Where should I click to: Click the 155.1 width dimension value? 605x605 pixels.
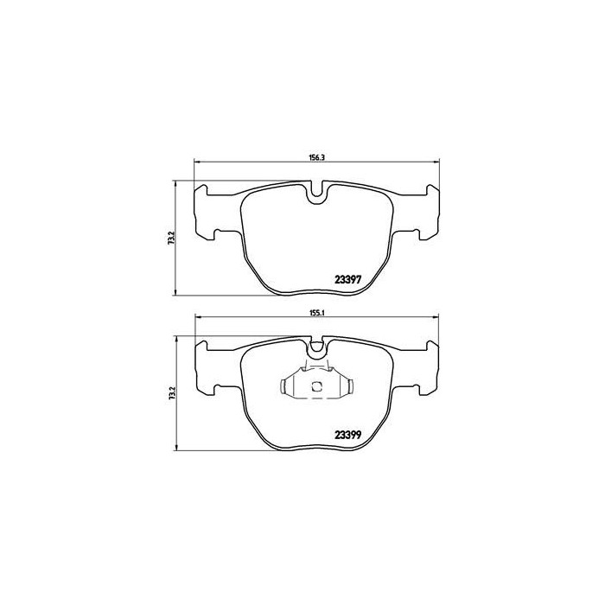[x=316, y=313]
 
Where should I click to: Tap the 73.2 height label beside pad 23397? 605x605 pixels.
[x=173, y=236]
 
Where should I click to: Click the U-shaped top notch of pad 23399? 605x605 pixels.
[x=317, y=349]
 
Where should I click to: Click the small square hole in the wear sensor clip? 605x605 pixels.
[x=317, y=385]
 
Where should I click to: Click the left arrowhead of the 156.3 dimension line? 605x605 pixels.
[x=196, y=163]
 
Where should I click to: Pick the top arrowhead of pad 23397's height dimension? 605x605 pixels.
[x=175, y=182]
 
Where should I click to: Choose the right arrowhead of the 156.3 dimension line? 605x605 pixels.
[x=439, y=163]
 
